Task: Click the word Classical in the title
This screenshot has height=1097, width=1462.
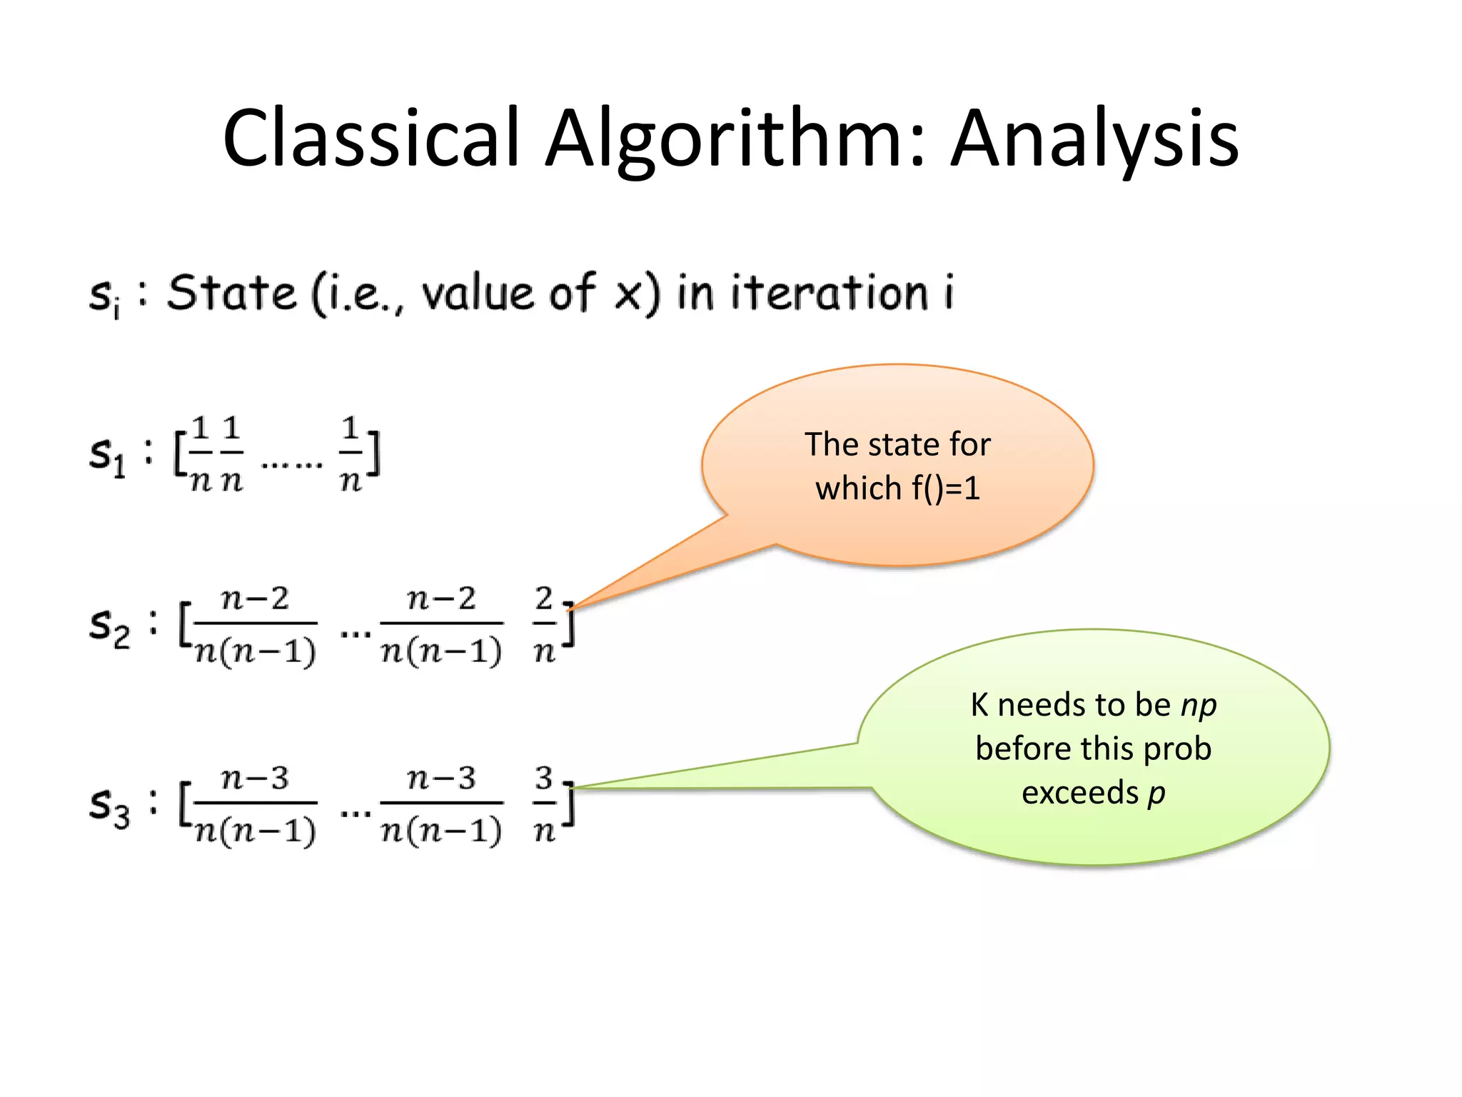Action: point(370,138)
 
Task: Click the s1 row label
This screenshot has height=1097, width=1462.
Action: point(107,454)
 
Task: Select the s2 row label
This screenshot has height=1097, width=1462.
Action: point(109,626)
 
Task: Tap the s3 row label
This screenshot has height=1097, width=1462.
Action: point(109,806)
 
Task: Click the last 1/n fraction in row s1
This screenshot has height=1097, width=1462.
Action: point(350,454)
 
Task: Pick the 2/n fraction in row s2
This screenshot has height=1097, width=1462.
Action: point(544,624)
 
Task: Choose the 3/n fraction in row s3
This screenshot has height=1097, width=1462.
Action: point(544,803)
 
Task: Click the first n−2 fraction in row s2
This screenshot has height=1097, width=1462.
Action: point(256,624)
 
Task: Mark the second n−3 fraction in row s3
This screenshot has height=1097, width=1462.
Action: point(441,803)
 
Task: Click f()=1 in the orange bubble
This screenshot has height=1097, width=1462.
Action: point(945,489)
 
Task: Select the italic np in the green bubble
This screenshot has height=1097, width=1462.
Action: point(1199,706)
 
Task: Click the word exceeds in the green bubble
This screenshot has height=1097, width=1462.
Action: point(1079,793)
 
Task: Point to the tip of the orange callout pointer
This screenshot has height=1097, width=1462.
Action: point(571,608)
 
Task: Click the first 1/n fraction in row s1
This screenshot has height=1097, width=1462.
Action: point(201,454)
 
